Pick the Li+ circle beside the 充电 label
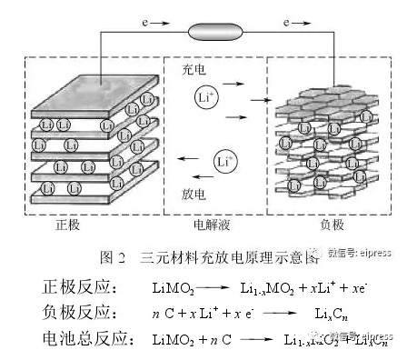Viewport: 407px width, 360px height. (x=204, y=96)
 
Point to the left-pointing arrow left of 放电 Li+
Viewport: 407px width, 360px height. (x=187, y=164)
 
